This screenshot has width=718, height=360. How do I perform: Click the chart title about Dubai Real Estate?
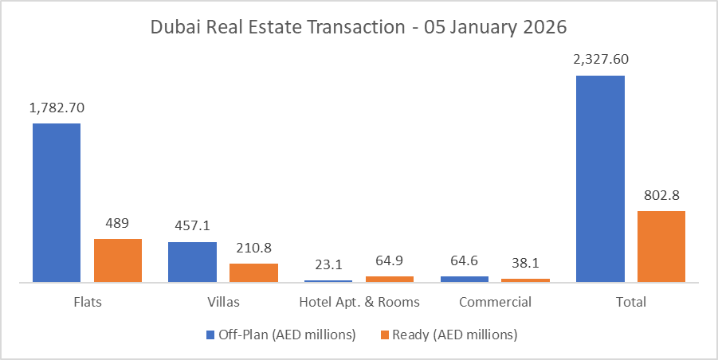click(x=359, y=26)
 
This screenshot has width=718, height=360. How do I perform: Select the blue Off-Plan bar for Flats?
click(x=57, y=202)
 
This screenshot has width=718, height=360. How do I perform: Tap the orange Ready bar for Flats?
click(x=118, y=260)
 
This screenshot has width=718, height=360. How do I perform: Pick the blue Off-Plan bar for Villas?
click(x=192, y=261)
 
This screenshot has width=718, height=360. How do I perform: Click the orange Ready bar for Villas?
click(x=253, y=272)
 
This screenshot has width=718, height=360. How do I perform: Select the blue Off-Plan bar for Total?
click(x=600, y=178)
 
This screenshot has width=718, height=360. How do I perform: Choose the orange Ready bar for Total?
click(x=661, y=246)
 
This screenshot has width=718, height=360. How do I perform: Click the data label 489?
click(x=118, y=223)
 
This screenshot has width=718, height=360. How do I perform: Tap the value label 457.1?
click(x=192, y=226)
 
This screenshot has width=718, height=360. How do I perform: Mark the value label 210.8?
click(x=253, y=248)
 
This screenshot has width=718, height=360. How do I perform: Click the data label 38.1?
click(x=525, y=263)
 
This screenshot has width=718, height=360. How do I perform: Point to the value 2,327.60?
click(x=600, y=60)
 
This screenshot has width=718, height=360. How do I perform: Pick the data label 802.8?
click(x=661, y=195)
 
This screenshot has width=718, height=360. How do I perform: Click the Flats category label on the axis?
click(x=87, y=303)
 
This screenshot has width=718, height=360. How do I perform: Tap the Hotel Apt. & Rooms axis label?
click(x=359, y=303)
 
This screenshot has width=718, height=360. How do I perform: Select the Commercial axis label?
click(x=495, y=303)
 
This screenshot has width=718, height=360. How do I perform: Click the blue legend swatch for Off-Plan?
click(x=210, y=335)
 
